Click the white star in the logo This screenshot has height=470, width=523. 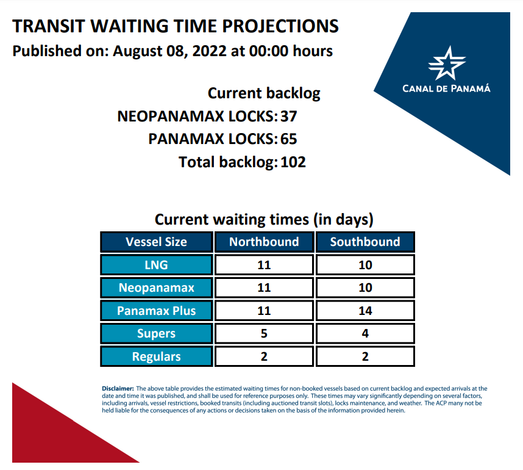tap(446, 63)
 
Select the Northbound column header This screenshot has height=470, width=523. tap(264, 242)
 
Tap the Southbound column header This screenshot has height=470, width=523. tap(365, 242)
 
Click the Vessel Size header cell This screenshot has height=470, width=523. tap(157, 242)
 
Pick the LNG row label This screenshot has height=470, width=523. tap(157, 265)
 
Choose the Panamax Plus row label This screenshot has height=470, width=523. tap(157, 311)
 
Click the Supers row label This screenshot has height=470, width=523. tap(157, 333)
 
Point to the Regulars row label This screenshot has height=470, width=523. tap(157, 356)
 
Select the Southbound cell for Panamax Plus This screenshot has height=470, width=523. tap(365, 311)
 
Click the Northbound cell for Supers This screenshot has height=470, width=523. tap(264, 333)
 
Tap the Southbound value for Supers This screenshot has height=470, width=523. tap(365, 333)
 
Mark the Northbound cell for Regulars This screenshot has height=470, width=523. tap(264, 356)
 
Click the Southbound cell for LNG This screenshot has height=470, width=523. tap(365, 265)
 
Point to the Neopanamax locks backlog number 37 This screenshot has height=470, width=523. tap(288, 116)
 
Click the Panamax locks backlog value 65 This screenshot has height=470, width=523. tap(288, 139)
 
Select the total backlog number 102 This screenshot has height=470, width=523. tap(293, 162)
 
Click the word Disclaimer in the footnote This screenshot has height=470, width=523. tap(118, 388)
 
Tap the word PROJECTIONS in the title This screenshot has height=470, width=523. tap(280, 26)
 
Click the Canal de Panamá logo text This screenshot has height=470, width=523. tap(446, 89)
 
